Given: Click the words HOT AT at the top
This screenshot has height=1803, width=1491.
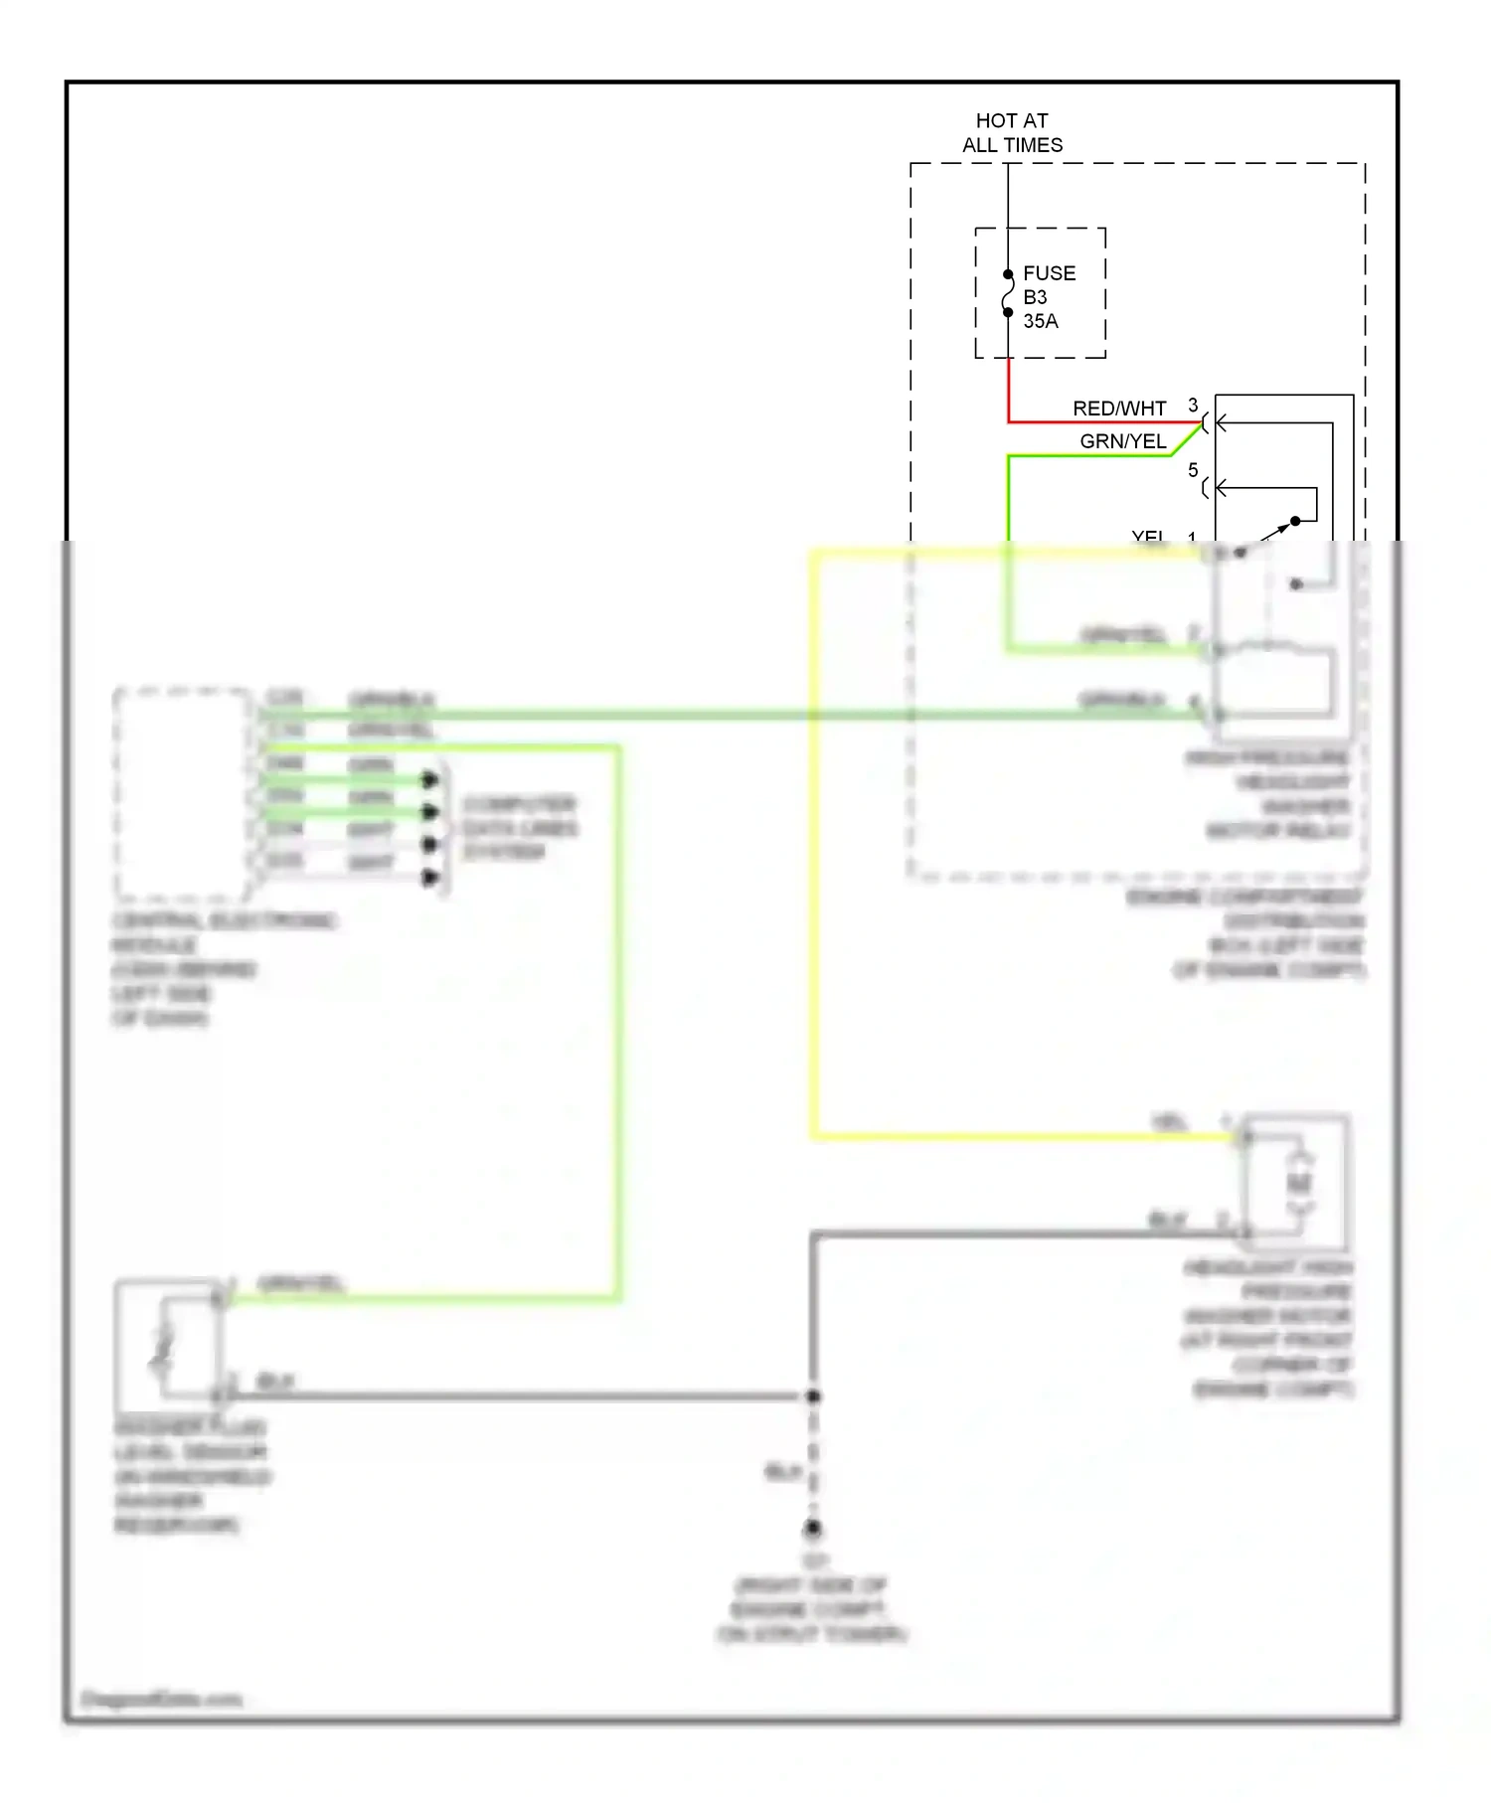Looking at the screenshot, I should pos(1011,120).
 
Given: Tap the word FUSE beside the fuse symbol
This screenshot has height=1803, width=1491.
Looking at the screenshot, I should pos(1049,273).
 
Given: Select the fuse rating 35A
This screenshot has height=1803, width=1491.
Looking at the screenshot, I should pos(1040,321).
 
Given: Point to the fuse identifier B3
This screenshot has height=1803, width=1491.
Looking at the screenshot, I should pos(1034,297).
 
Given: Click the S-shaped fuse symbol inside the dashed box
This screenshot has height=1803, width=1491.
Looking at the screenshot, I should pos(1008,293).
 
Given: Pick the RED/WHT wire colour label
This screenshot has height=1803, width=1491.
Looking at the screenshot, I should pos(1118,409).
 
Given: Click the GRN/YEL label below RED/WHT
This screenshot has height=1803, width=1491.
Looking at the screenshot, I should pos(1122,441).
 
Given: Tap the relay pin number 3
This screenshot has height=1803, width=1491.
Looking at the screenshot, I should pos(1193,406).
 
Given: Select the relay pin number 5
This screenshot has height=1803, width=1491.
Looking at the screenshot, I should pos(1193,470).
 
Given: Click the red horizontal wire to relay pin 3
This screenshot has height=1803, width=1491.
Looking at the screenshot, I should pos(1103,422).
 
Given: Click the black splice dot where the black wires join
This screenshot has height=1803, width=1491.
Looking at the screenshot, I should pos(813,1396).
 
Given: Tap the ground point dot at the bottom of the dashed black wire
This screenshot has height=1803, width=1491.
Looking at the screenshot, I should pos(813,1528).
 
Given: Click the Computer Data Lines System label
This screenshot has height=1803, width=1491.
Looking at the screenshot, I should pos(519,828).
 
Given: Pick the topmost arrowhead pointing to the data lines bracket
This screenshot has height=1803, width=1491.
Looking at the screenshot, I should pos(430,779).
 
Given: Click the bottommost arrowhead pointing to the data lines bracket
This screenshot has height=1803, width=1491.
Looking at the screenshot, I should pos(430,877).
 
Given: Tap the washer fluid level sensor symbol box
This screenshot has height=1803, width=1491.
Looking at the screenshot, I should pos(166,1341).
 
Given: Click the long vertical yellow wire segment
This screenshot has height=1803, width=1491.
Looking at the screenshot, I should pos(814,845).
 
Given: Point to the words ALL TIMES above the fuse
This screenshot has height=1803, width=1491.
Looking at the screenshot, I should pos(1012,145).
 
